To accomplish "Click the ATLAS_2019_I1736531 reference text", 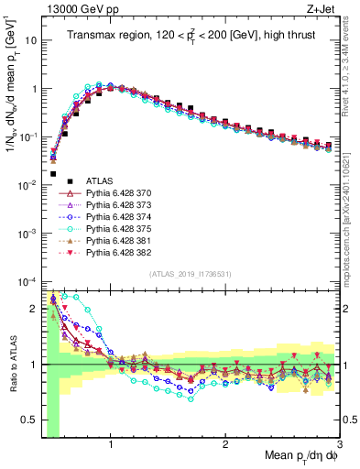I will (x=190, y=274).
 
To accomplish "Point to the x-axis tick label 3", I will (x=340, y=444).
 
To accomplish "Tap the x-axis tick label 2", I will (x=225, y=444).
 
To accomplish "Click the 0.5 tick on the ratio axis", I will (x=29, y=425).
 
